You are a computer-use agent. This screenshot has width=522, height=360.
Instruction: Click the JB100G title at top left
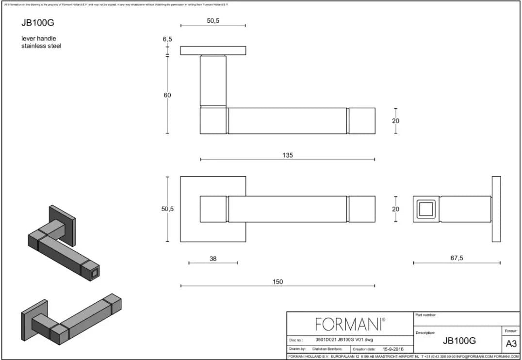point(34,22)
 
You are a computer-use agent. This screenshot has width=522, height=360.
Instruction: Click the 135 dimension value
point(287,155)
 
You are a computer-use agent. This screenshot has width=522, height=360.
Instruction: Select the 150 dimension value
point(277,282)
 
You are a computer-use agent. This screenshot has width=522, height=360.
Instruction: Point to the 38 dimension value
point(213,259)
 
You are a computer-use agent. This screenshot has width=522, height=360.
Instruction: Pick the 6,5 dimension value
point(167,39)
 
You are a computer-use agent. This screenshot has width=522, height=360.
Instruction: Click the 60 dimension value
point(167,95)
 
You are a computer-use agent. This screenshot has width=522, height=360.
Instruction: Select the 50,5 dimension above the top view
point(213,21)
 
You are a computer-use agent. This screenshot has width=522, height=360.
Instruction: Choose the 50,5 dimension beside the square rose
point(167,209)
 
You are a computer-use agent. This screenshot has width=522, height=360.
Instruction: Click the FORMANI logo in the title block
point(350,324)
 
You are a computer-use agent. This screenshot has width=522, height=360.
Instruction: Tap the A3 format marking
point(511,344)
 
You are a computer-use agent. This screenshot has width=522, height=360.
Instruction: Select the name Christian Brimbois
point(326,349)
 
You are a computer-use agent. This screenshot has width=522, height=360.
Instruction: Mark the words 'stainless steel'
point(41,46)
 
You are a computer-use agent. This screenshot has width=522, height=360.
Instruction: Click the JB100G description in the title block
point(459,341)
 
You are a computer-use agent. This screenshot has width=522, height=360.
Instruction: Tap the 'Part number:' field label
point(426,315)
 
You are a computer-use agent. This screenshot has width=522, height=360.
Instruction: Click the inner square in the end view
point(425,209)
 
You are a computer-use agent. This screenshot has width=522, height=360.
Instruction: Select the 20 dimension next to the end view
point(396,209)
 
